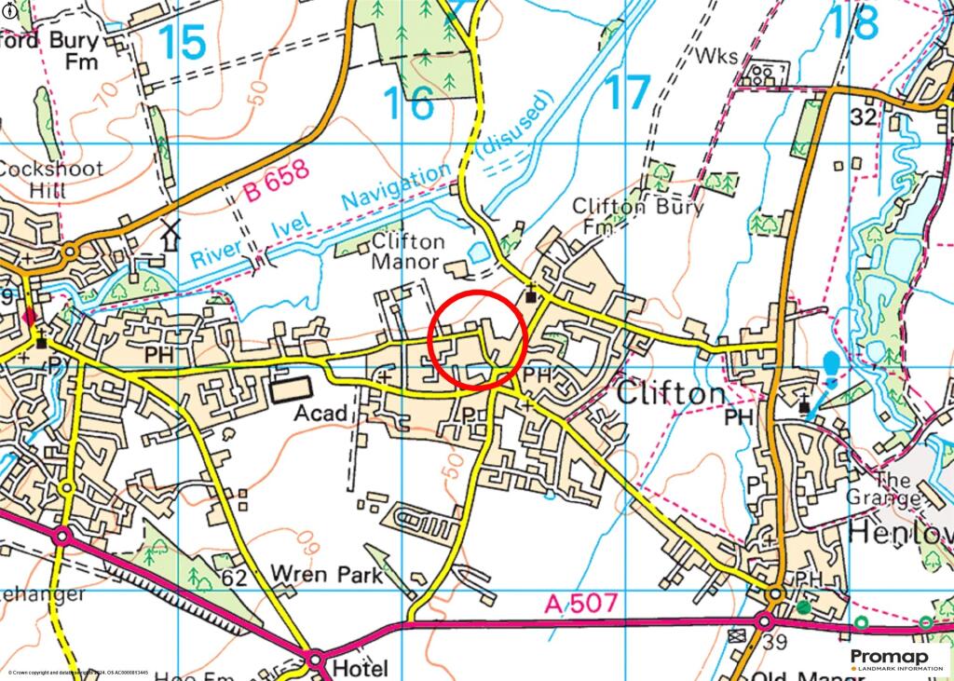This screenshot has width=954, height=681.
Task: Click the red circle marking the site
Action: (x=478, y=338)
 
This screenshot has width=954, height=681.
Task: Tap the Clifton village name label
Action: (x=671, y=394)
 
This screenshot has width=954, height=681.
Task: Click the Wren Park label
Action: (x=326, y=575)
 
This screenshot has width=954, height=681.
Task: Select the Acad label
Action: (x=323, y=414)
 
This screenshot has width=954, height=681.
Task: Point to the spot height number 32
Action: (x=864, y=117)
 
